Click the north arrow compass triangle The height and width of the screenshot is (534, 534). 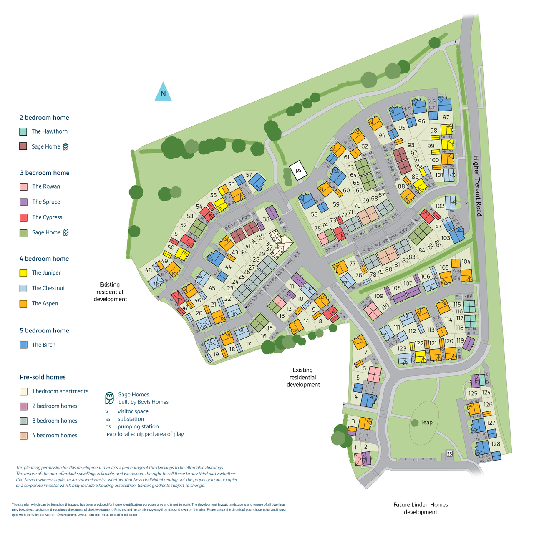163,93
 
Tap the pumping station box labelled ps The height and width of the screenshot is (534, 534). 298,171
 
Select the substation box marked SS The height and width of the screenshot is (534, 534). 449,453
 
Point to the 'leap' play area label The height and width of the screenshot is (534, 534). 427,423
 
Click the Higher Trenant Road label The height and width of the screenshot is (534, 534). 477,186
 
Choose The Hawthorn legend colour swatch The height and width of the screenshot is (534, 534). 23,131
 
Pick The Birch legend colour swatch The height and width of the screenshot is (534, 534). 23,345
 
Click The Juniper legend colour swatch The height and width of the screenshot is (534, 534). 23,273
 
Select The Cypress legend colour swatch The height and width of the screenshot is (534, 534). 23,217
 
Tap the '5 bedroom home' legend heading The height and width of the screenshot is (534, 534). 44,330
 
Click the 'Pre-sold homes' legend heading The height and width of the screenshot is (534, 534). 43,377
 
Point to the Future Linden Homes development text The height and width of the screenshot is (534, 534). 421,508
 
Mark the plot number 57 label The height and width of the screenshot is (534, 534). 249,175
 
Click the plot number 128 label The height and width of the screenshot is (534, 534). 496,444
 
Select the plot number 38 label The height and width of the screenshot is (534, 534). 266,219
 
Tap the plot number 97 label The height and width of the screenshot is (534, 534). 446,118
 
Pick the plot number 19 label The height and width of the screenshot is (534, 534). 216,354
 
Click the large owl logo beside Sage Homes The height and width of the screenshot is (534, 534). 109,398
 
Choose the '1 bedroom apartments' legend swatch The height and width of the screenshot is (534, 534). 23,391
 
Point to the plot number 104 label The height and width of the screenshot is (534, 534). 466,262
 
